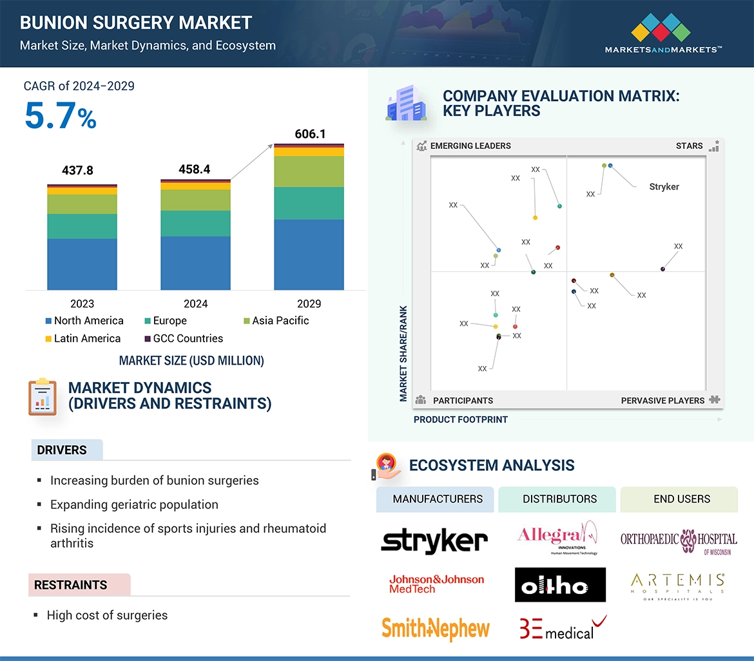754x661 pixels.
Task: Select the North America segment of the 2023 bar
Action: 82,264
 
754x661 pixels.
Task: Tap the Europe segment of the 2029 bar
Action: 309,203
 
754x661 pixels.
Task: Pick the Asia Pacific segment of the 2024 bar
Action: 195,200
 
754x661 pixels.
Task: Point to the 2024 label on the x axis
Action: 195,303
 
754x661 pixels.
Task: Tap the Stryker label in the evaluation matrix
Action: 664,187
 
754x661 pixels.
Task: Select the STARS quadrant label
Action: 689,146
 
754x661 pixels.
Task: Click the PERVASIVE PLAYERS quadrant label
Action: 662,401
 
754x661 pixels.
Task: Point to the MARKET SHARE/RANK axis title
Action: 403,353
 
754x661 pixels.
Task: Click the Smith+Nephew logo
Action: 436,628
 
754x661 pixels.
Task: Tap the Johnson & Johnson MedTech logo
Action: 436,584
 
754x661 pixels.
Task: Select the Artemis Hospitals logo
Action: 678,585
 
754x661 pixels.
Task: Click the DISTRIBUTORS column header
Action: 559,499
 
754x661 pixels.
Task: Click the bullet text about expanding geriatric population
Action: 134,504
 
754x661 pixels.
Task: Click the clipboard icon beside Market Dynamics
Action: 43,396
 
